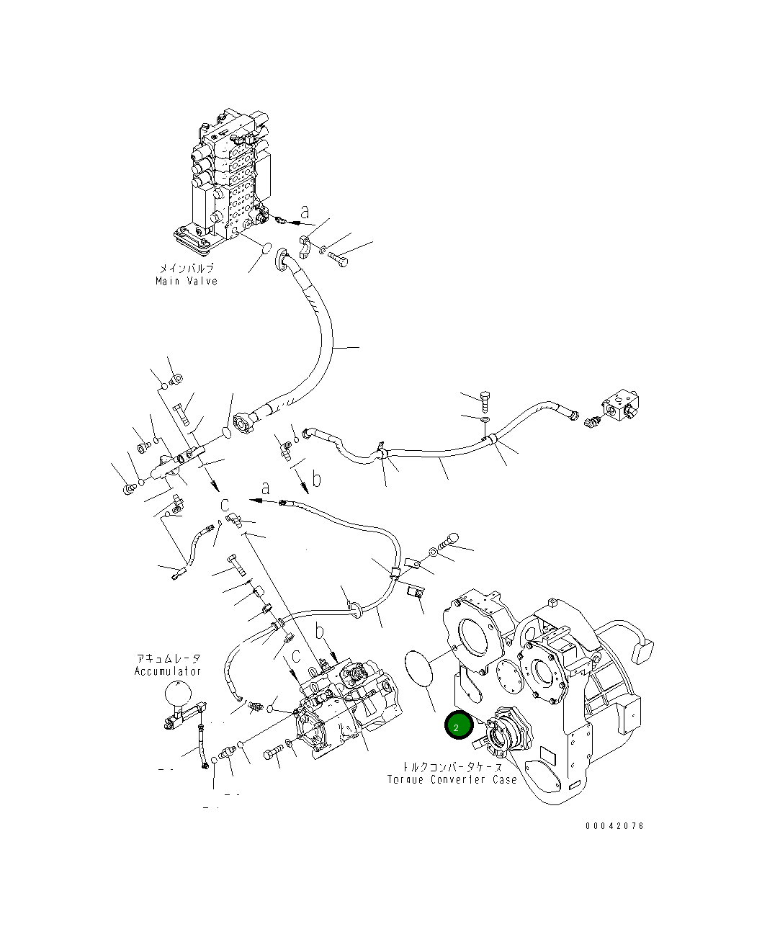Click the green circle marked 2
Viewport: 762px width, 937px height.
[457, 727]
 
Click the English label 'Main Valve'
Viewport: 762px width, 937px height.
[186, 281]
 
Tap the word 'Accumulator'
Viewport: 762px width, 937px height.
[168, 671]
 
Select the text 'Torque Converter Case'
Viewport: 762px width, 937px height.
[452, 780]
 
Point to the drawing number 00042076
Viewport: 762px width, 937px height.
[614, 826]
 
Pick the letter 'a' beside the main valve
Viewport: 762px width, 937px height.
[305, 212]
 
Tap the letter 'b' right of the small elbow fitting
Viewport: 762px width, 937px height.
[316, 478]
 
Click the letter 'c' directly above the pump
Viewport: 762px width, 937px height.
[295, 658]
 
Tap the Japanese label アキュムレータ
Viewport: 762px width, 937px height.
[169, 658]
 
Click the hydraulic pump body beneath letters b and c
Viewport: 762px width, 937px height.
[346, 713]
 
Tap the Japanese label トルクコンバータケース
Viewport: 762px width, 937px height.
[452, 768]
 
